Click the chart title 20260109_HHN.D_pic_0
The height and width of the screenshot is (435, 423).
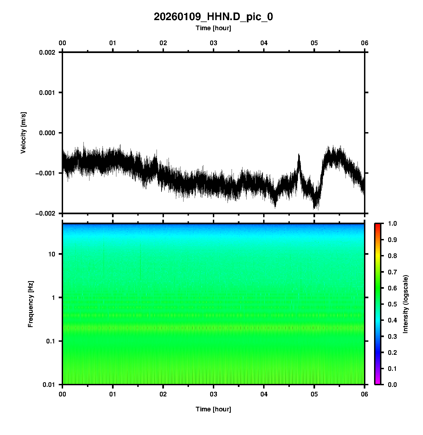(x=213, y=17)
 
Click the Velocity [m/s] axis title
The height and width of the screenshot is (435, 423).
(x=24, y=133)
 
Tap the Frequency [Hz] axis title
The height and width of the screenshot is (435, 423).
(x=31, y=304)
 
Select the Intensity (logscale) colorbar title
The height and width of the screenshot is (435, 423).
(x=406, y=304)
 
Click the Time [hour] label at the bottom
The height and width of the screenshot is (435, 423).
(x=213, y=409)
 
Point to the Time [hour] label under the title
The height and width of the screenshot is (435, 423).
(x=213, y=28)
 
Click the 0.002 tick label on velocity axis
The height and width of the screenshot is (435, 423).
(x=47, y=52)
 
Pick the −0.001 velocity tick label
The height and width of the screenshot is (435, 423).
(x=45, y=173)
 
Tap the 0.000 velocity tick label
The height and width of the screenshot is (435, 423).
(x=47, y=133)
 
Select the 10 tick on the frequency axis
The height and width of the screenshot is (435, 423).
(x=52, y=254)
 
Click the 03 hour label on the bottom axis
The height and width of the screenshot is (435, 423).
(x=214, y=394)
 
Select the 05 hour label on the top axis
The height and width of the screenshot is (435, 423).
(x=314, y=43)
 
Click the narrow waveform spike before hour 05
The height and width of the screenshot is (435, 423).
(x=299, y=158)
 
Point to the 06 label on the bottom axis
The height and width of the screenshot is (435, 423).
(x=365, y=394)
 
